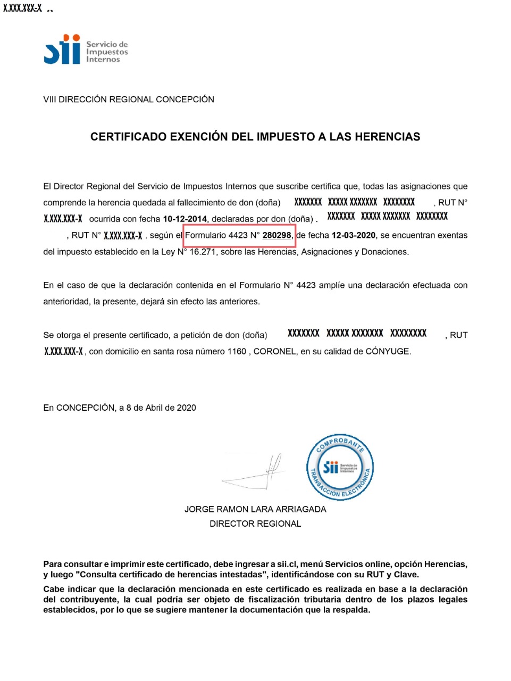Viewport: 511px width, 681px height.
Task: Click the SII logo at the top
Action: pos(85,49)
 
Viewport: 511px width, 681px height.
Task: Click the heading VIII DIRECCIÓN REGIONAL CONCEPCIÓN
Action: pos(129,99)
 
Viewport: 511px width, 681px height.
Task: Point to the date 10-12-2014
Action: pos(185,219)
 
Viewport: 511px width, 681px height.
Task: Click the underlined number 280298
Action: pos(277,235)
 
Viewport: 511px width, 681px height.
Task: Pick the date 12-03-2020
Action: pos(354,235)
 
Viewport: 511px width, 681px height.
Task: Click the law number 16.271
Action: pos(203,252)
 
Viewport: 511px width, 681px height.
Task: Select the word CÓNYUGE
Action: pos(388,351)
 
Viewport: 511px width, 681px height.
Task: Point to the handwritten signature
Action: pos(255,472)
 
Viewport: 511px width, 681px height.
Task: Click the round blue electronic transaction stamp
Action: pos(340,467)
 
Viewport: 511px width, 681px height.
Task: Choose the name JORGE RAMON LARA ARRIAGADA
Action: pos(255,509)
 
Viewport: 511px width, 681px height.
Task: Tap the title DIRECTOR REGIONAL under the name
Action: pos(255,524)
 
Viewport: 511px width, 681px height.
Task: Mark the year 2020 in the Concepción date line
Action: pos(186,408)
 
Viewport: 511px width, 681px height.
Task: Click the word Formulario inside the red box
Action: pos(205,235)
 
